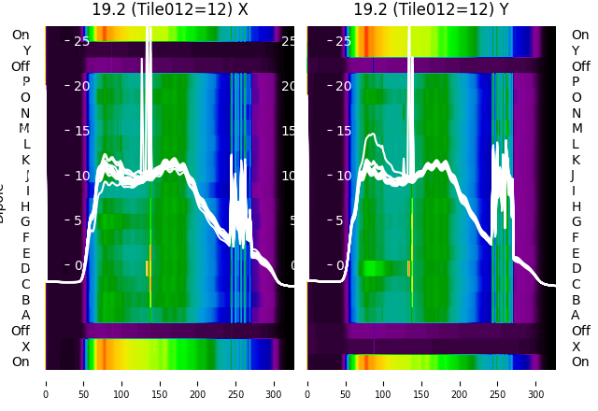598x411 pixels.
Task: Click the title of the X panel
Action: [170, 9]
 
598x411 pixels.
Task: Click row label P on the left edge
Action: [25, 82]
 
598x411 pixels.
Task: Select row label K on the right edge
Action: [575, 160]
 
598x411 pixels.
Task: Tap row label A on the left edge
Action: [25, 315]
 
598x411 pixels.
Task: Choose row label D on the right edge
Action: [575, 269]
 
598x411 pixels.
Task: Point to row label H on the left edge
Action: [25, 206]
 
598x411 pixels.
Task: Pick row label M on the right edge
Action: [575, 129]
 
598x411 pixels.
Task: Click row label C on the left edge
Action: [25, 284]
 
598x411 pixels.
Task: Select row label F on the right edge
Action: [575, 237]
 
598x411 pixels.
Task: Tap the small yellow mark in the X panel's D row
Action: [148, 268]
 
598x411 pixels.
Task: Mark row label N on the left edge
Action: [25, 113]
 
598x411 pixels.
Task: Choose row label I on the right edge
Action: [575, 191]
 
